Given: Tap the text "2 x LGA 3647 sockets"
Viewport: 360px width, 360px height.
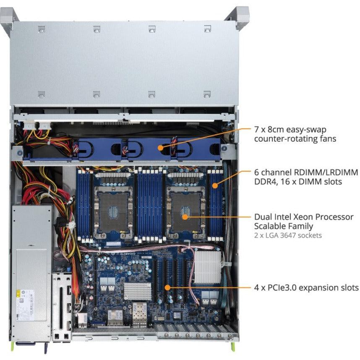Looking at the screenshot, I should coord(288,235).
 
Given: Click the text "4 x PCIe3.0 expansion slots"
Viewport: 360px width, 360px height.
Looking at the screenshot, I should coord(306,288).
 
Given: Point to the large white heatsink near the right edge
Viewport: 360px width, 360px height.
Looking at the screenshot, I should coord(207,267).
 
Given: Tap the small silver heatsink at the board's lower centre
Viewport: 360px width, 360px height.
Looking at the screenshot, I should coord(138,291).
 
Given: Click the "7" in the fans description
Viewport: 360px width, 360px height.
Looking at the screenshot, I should coord(256,129).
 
